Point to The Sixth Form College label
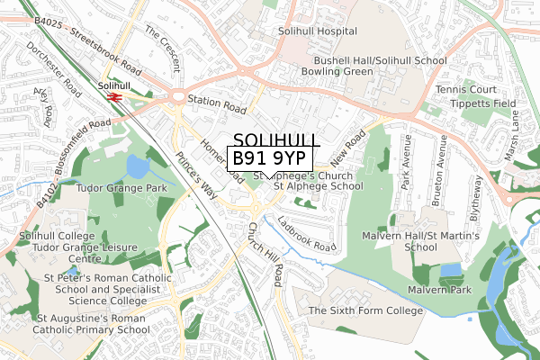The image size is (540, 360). coord(365,310)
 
